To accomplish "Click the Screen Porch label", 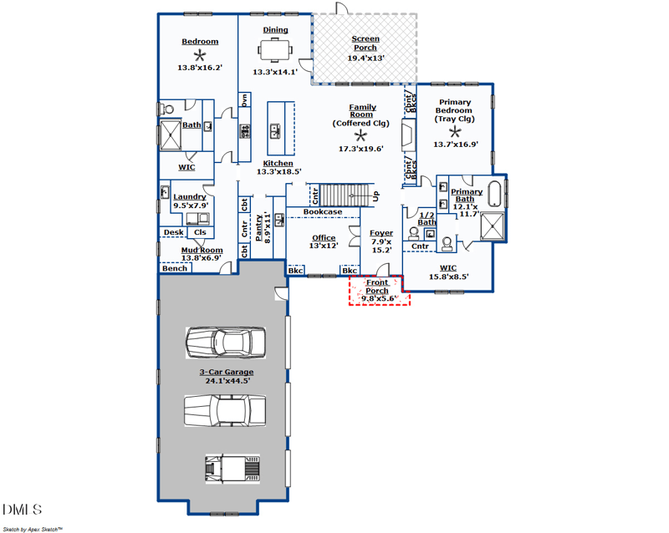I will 365,43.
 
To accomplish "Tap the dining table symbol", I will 275,52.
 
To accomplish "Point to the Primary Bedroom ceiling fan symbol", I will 455,132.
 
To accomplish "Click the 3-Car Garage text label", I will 226,372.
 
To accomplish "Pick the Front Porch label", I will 377,287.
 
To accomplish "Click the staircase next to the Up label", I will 345,195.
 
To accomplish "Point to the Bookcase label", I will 322,212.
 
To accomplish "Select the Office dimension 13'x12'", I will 324,246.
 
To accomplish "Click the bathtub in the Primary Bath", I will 496,193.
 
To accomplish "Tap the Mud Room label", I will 202,250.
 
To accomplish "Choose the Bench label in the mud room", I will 175,268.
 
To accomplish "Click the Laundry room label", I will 190,196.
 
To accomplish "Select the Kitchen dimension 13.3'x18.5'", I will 278,171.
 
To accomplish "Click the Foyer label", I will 381,233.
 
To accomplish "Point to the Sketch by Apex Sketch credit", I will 33,528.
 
